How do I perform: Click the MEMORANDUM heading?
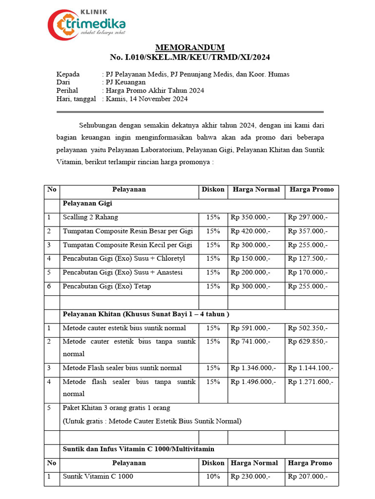click(x=190, y=47)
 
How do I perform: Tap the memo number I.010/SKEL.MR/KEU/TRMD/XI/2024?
click(x=190, y=58)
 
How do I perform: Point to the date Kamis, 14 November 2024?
click(x=147, y=99)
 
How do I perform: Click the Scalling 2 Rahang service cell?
click(x=90, y=217)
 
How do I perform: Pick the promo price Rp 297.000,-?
click(x=308, y=217)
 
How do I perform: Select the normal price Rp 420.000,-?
click(x=250, y=231)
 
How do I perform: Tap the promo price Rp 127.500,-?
click(x=308, y=259)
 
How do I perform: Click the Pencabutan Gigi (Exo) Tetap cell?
click(x=107, y=287)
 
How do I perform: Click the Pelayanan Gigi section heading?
click(x=87, y=203)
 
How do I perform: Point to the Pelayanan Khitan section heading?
click(x=146, y=314)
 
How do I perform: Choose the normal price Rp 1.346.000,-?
click(x=253, y=368)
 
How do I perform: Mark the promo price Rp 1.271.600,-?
click(x=311, y=382)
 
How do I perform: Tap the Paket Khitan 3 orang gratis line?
click(x=116, y=408)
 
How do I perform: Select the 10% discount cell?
click(x=213, y=477)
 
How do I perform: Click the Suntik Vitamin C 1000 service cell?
click(x=98, y=477)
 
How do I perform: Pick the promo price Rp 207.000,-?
click(x=308, y=477)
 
